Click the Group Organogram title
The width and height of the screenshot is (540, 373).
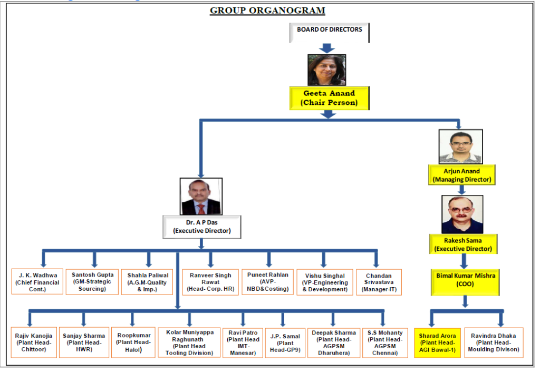click(267, 10)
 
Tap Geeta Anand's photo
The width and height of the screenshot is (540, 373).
click(326, 70)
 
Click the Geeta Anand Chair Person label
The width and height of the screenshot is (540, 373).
click(329, 98)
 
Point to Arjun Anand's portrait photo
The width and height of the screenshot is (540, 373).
click(461, 146)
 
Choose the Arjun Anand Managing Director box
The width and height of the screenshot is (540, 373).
click(461, 175)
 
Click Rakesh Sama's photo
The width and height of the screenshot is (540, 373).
click(462, 214)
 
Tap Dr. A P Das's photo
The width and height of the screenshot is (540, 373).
click(200, 197)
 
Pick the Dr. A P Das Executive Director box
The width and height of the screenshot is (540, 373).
click(201, 226)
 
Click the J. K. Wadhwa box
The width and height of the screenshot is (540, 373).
click(37, 282)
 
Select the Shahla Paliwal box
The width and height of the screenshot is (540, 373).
click(148, 282)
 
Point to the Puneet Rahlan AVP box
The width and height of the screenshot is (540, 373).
click(268, 282)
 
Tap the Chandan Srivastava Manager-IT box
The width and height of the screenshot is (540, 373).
click(379, 282)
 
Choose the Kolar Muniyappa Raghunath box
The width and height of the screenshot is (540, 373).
click(189, 342)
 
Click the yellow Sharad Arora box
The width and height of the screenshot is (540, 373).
click(437, 342)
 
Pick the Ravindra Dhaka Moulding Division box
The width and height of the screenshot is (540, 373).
click(494, 342)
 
